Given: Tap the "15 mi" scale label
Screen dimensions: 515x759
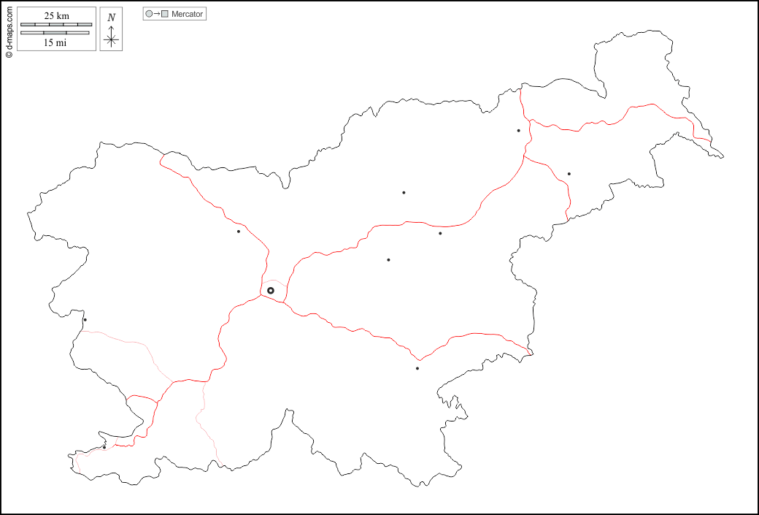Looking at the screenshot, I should click(55, 43).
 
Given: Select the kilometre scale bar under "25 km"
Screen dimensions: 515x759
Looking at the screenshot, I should click(55, 25).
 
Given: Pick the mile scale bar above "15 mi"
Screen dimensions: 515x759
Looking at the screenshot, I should click(55, 33).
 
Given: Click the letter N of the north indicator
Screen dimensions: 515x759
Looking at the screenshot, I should click(111, 18).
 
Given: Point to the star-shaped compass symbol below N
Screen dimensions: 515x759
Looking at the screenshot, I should click(111, 39).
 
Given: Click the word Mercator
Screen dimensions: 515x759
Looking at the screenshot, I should click(188, 14).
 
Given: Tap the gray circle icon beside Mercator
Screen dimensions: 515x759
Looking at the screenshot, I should click(150, 14).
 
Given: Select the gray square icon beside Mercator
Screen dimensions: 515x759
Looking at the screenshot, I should click(165, 14).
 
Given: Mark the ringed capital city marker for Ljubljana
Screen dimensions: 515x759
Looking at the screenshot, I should click(271, 291).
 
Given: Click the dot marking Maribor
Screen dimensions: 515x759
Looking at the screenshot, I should click(518, 131).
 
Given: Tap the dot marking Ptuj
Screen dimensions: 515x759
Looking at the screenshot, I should click(569, 174).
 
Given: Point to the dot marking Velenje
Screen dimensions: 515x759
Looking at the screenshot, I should click(404, 193).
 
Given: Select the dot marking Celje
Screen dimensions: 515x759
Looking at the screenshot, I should click(440, 234).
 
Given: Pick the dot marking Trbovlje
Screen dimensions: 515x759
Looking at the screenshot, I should click(388, 260).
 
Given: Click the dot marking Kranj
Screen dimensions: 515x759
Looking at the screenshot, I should click(238, 232).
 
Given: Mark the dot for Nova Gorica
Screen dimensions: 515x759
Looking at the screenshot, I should click(85, 319).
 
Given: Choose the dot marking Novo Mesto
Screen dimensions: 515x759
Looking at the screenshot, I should click(417, 368).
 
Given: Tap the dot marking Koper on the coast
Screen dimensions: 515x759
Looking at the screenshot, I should click(104, 447).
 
